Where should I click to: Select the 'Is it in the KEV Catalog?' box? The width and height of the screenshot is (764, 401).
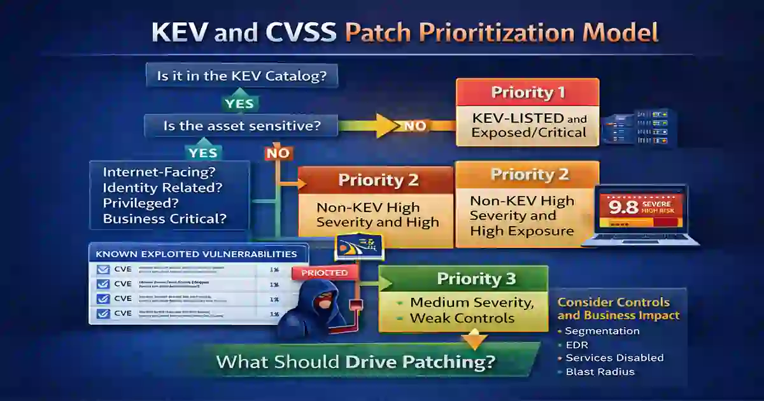tap(241, 76)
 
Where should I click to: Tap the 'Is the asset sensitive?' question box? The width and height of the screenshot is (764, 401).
tap(241, 125)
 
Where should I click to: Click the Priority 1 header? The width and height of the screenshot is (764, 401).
tap(528, 92)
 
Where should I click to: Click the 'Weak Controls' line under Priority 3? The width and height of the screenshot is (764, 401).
tap(462, 318)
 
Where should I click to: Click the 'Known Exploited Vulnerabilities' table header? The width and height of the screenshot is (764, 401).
tap(196, 253)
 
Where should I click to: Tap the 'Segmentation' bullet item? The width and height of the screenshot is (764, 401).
tap(602, 331)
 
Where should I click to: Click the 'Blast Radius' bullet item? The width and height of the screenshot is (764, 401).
tap(600, 372)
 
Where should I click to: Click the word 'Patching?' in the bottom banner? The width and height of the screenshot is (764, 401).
tap(448, 362)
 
